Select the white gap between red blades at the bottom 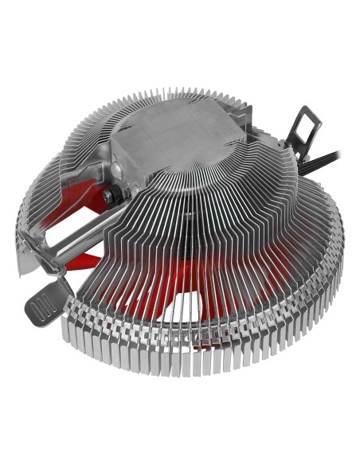click(x=191, y=318)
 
